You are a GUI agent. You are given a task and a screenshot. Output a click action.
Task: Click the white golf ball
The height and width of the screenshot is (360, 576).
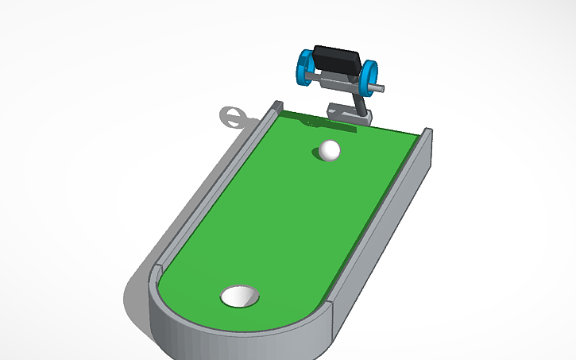point(330,149)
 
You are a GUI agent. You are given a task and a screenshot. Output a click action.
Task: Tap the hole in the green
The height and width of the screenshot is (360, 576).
point(240,296)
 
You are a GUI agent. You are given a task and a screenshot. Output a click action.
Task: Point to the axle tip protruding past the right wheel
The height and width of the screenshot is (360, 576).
point(382,87)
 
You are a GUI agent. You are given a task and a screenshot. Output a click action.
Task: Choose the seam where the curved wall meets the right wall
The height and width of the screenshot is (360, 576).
point(330,307)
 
